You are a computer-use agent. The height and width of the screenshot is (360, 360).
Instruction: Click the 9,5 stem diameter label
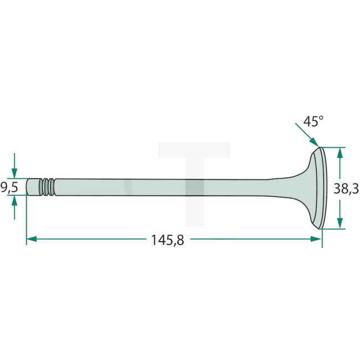click(x=9, y=188)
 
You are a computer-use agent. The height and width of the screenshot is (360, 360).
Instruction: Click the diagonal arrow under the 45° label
click(x=308, y=136)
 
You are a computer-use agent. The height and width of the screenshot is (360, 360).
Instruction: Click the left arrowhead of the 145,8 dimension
click(x=32, y=239)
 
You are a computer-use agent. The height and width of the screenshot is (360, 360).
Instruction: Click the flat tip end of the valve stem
click(x=27, y=187)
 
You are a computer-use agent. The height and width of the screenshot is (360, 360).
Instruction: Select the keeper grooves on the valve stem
click(x=48, y=187)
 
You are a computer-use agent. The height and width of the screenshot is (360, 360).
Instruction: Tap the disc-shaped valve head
click(x=318, y=188)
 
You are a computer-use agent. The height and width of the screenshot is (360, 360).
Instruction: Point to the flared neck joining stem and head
click(x=291, y=187)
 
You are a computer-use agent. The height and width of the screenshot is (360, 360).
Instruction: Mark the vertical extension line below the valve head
click(x=322, y=237)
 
